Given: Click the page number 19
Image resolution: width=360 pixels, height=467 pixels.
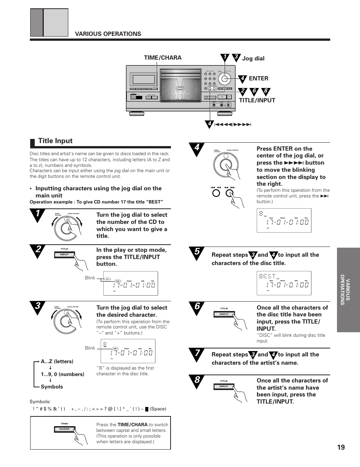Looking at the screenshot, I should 341,447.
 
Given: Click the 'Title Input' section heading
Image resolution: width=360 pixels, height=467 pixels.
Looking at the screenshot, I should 55,141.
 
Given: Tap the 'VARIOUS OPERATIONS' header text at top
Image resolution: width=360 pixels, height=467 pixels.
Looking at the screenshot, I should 108,34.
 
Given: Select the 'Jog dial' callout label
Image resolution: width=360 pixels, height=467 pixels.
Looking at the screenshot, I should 253,59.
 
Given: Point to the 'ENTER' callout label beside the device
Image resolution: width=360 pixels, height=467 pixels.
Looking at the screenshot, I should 258,79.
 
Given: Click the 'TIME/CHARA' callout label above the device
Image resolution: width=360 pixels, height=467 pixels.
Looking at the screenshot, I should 163,58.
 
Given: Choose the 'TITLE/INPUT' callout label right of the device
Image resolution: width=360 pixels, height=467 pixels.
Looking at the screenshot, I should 257,100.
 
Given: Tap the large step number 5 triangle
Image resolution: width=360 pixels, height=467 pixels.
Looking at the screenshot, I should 196,253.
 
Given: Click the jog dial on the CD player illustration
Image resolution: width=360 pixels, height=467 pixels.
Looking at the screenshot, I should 225,79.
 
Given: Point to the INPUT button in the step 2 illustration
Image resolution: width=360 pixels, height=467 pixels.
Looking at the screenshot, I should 65,254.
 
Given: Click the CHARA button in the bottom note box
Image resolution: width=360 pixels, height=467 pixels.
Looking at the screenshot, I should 65,429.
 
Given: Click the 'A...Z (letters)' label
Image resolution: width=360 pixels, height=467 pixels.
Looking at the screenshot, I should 57,361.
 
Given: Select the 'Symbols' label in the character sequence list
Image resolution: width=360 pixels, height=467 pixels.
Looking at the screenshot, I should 52,387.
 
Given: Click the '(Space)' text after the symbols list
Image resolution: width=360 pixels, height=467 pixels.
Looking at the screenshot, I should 158,409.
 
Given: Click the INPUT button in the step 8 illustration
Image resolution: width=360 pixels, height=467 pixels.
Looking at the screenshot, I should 224,386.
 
